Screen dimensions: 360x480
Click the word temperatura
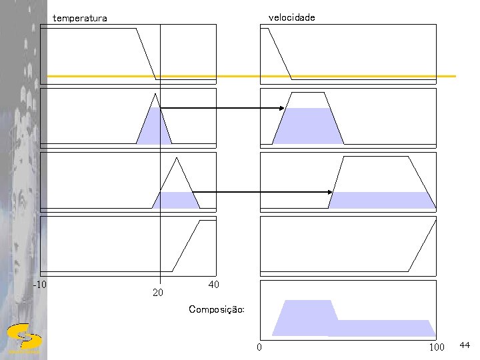tap(79, 19)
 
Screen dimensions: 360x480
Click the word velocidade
tap(291, 17)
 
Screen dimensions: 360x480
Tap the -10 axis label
tap(40, 285)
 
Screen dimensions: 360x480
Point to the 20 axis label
tap(158, 292)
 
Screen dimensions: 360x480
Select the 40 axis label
tap(213, 285)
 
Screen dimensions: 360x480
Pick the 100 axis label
tap(437, 347)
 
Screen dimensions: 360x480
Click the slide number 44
tap(465, 345)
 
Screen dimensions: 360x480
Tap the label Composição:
tap(217, 309)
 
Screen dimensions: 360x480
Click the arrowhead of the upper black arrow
tap(283, 108)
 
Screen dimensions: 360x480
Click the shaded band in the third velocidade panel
tap(381, 200)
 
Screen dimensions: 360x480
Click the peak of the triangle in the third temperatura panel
tap(177, 157)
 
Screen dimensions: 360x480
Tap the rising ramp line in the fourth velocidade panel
tap(423, 246)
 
